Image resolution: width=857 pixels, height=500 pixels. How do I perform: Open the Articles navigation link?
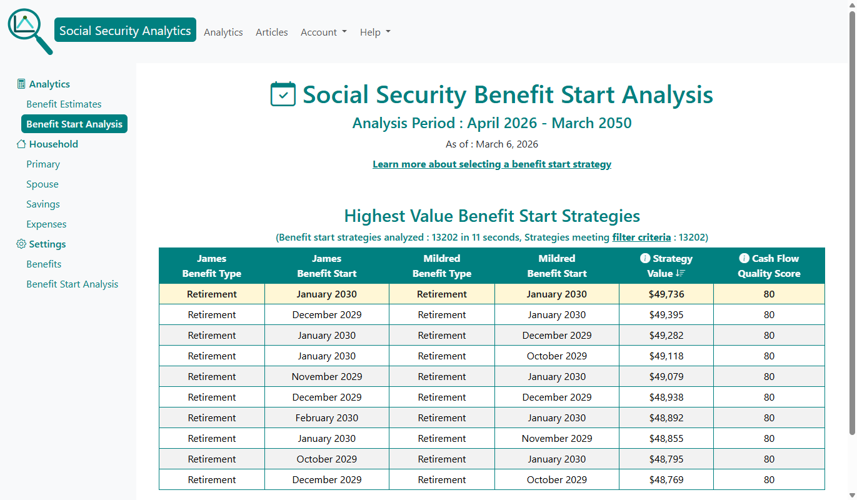[x=272, y=32]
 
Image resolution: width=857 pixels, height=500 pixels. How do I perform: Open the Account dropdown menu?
[x=323, y=32]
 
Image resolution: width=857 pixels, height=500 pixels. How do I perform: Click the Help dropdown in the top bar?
[x=375, y=32]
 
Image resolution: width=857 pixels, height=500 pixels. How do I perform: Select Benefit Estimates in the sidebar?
[x=64, y=104]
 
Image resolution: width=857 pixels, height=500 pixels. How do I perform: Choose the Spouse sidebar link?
[x=43, y=184]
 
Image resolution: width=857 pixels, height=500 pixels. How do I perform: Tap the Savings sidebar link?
[x=43, y=204]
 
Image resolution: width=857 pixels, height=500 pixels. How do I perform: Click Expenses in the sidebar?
[x=46, y=224]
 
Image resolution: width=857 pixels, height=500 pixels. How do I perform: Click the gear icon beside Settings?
[x=21, y=244]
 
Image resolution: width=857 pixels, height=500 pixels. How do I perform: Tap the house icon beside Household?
[x=21, y=144]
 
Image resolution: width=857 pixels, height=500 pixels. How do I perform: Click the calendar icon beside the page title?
[x=283, y=94]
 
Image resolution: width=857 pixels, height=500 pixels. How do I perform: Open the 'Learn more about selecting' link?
[x=492, y=164]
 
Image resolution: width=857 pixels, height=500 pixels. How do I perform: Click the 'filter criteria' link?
[x=641, y=237]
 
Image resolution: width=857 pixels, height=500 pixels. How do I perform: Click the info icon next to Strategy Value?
[x=645, y=258]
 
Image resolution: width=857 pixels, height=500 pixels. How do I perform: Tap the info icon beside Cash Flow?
[x=744, y=258]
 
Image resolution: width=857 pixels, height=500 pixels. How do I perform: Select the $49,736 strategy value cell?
[x=666, y=294]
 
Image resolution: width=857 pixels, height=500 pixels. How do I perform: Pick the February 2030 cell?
[x=327, y=418]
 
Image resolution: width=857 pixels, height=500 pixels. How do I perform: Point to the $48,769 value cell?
[x=666, y=480]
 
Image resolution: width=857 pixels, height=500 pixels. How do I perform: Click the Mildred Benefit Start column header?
[x=557, y=266]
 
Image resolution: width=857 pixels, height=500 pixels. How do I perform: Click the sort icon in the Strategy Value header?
[x=681, y=273]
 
